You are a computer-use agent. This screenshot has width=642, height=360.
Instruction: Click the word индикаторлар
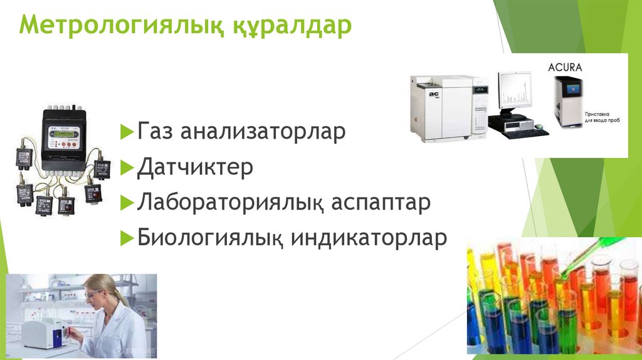pos(368,238)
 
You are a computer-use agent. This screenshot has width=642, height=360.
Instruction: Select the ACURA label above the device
pos(566,66)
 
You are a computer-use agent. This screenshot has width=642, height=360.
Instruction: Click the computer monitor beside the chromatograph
pos(515,94)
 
